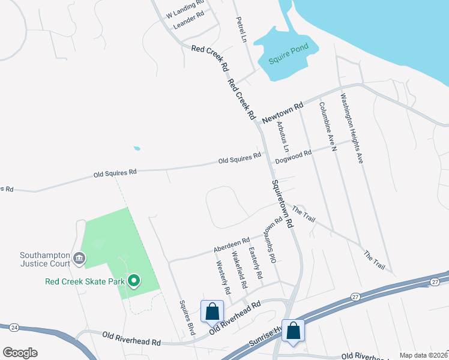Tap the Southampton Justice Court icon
click(x=79, y=259)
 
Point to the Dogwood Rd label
click(x=294, y=157)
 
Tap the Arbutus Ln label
click(x=283, y=137)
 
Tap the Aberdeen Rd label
click(x=232, y=245)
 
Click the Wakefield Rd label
click(x=238, y=272)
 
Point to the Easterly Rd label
click(x=256, y=263)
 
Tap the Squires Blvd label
click(x=187, y=317)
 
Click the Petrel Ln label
click(x=242, y=29)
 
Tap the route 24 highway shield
click(x=13, y=328)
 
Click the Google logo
click(x=20, y=352)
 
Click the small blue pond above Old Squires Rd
click(x=137, y=148)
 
